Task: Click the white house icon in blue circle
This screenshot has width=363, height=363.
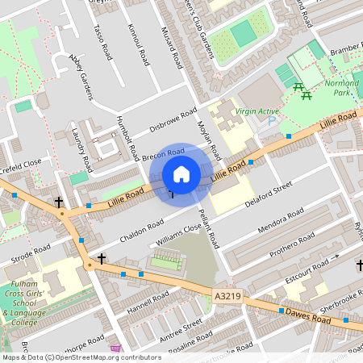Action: pyautogui.click(x=181, y=173)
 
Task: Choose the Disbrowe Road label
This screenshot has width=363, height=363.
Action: pyautogui.click(x=173, y=121)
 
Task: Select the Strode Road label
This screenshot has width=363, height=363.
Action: pyautogui.click(x=31, y=249)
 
